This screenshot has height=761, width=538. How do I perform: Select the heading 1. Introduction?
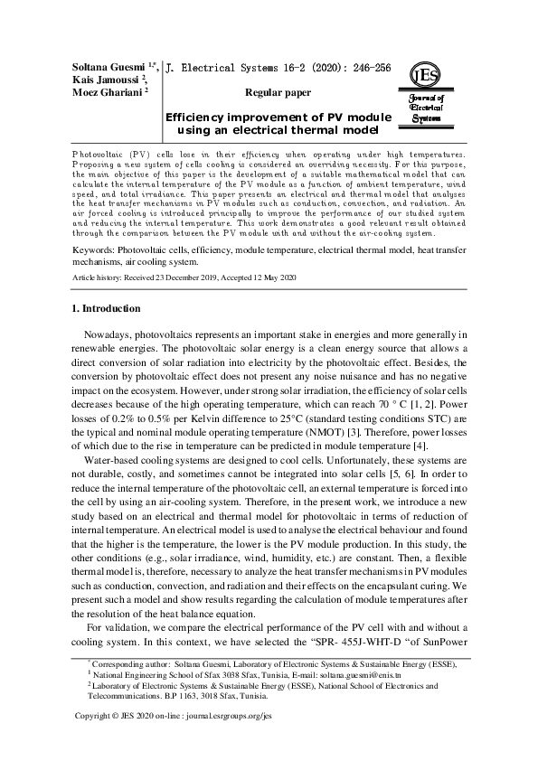coord(106,308)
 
